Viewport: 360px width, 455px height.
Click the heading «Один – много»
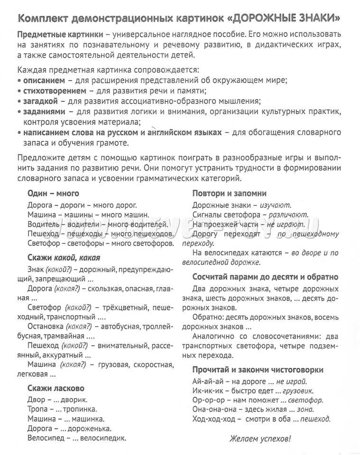(x=53, y=193)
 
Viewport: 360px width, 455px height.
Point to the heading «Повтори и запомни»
(x=229, y=193)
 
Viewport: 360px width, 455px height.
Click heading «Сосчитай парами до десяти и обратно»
(x=265, y=277)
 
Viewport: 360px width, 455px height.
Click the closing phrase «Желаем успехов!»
(x=260, y=438)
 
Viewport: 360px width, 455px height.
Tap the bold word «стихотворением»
(x=55, y=91)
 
